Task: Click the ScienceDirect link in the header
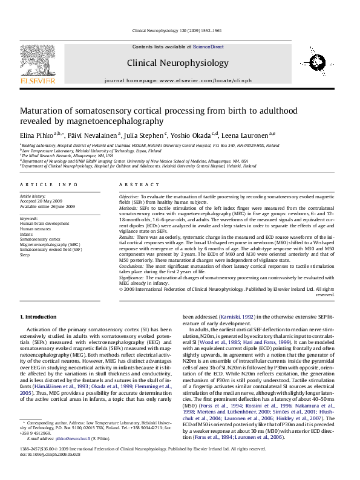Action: (x=208, y=47)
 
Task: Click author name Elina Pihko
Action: (x=36, y=135)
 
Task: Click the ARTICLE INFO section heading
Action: (x=48, y=184)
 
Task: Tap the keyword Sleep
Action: (x=25, y=255)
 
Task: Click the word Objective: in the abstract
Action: (x=128, y=197)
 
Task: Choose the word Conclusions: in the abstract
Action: (x=131, y=265)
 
